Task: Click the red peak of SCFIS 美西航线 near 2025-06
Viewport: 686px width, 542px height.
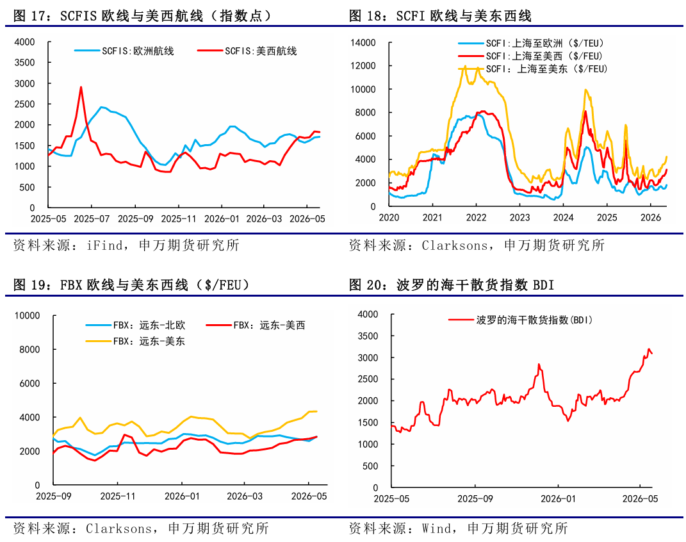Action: tap(81, 87)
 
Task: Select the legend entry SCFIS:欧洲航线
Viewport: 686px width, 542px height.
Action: tap(124, 51)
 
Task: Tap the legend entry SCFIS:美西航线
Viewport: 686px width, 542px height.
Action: tap(247, 51)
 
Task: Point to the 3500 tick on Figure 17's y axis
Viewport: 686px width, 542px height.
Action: tap(24, 63)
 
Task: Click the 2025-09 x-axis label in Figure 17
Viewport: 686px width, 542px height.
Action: tap(135, 218)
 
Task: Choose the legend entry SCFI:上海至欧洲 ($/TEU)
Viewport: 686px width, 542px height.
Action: tap(531, 44)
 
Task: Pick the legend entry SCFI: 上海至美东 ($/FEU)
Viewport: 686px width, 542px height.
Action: tap(533, 69)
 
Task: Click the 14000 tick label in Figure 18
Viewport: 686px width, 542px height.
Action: tap(363, 42)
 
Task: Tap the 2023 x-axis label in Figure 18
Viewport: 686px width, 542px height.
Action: tap(519, 217)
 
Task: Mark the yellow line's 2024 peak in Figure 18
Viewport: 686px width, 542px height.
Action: tap(586, 90)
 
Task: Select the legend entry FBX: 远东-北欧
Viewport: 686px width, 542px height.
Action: tap(136, 325)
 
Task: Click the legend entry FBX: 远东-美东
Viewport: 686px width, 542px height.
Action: tap(136, 341)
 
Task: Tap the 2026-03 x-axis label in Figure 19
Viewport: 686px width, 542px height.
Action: tap(245, 496)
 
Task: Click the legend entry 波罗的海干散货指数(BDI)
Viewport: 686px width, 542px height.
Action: tap(521, 320)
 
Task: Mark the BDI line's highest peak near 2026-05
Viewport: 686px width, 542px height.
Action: tap(648, 349)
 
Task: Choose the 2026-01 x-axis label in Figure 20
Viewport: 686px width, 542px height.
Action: tap(558, 498)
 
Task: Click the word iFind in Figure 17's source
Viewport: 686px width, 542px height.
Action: tap(104, 245)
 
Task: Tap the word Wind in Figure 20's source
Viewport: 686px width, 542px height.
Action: tap(437, 529)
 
